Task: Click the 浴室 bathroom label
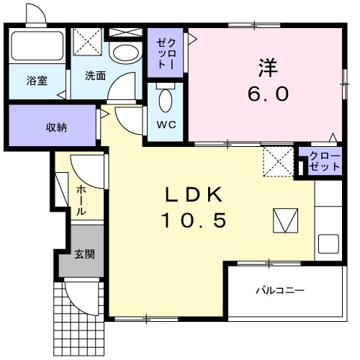pyautogui.click(x=37, y=81)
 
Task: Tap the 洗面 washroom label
pyautogui.click(x=95, y=75)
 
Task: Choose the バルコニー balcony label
pyautogui.click(x=279, y=291)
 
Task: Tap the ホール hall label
pyautogui.click(x=81, y=200)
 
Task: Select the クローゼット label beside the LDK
pyautogui.click(x=325, y=161)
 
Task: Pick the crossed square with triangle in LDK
pyautogui.click(x=285, y=220)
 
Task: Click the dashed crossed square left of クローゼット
pyautogui.click(x=276, y=161)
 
